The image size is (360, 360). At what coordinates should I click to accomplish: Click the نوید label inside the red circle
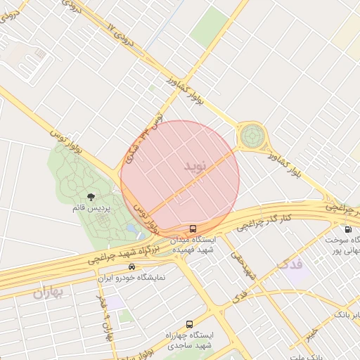pos(195,167)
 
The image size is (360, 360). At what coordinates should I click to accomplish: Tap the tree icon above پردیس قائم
pos(90,197)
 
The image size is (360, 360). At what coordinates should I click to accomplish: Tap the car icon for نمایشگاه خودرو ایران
pos(132,267)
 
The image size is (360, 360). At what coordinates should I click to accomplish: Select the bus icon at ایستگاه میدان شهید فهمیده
pos(193,229)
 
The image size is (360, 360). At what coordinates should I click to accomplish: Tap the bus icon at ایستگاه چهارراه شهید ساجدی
pos(188,324)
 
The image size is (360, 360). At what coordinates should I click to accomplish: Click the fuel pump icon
pos(347,229)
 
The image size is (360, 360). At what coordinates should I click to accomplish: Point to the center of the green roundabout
pos(252,135)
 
